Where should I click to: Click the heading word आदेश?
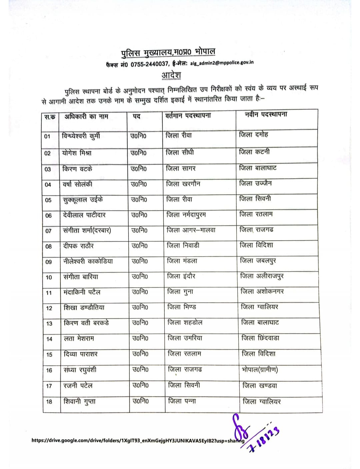pos(171,75)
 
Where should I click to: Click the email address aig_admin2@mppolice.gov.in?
pos(222,63)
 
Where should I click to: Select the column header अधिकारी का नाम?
pos(86,117)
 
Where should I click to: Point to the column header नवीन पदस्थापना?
pos(266,115)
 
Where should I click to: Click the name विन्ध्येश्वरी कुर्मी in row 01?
pos(81,136)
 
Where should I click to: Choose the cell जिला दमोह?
pos(254,135)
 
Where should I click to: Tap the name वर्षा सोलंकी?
pos(77,184)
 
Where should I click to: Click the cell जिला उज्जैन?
pos(255,183)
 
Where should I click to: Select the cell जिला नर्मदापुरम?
pos(186,215)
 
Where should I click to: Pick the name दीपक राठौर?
pos(78,246)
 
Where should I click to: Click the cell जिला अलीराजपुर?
pos(262,276)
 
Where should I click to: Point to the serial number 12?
pos(49,308)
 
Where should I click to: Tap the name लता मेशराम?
pos(79,338)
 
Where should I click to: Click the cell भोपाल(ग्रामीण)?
pos(260,369)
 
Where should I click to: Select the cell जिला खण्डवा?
pos(260,386)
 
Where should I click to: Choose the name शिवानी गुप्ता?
pos(79,401)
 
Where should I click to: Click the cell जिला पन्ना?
pos(182,401)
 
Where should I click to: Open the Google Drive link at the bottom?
pos(138,440)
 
